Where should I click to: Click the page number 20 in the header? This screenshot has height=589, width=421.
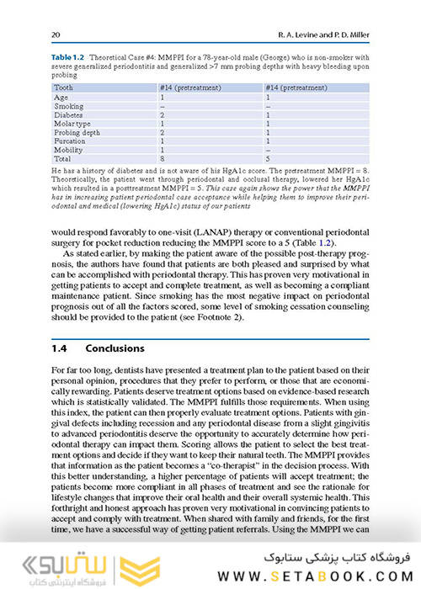click(56, 34)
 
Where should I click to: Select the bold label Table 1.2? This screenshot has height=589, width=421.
click(70, 56)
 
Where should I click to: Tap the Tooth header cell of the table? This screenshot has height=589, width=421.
click(64, 87)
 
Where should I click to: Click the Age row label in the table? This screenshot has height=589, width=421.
click(61, 98)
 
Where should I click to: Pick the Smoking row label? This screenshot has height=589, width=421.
click(68, 107)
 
